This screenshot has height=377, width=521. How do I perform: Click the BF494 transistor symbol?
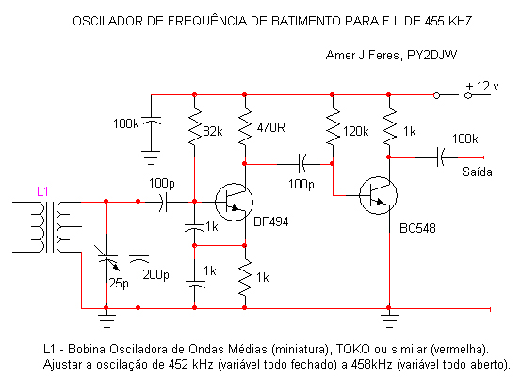(x=234, y=202)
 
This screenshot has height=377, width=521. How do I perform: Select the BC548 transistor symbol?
(x=378, y=195)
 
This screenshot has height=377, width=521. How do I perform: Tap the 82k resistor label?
(x=213, y=132)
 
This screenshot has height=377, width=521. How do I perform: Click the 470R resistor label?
(x=270, y=127)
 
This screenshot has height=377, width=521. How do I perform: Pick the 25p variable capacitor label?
(x=119, y=284)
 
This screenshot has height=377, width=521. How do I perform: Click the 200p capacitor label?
(x=155, y=275)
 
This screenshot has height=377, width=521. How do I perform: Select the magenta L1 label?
(x=42, y=191)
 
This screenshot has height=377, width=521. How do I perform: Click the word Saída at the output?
(x=477, y=172)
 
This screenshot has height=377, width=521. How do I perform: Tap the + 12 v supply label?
(x=482, y=86)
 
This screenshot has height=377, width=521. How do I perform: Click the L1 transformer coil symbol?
(x=47, y=227)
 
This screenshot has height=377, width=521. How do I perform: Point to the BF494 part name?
(x=270, y=221)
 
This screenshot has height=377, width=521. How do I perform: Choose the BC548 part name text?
(x=417, y=228)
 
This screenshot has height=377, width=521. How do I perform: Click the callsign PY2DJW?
(x=431, y=55)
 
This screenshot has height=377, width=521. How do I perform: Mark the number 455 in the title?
(x=434, y=22)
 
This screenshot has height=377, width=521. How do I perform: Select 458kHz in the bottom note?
(x=372, y=364)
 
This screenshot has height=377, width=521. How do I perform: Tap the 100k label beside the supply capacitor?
(x=126, y=124)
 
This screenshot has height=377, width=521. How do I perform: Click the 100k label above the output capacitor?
(x=464, y=139)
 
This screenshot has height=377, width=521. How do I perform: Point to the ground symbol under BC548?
(x=389, y=319)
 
